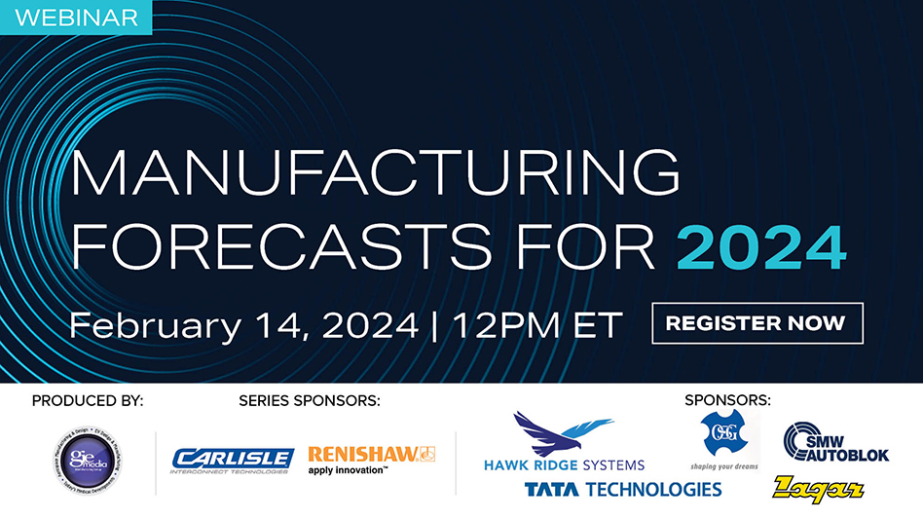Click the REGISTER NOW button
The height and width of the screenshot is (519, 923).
757,322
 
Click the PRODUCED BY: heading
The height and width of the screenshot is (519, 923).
88,400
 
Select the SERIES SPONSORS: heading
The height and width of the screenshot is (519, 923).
309,400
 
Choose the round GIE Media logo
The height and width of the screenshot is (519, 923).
88,460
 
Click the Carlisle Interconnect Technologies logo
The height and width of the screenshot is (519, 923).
233,460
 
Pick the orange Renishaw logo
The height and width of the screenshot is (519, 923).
371,454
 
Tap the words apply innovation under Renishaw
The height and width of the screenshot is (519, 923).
348,470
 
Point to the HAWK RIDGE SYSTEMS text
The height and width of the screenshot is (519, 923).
564,464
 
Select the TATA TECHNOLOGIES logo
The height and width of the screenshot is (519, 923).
623,489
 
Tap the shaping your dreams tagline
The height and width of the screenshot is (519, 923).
722,465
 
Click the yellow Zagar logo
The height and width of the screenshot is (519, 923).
818,488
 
